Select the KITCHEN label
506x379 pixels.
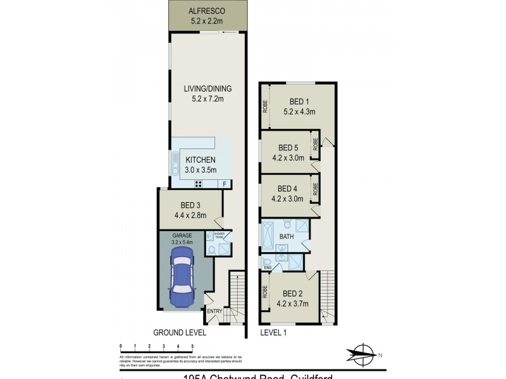[201, 160]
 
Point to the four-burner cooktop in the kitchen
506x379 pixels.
[198, 184]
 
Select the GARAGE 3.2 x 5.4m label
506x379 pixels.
[182, 238]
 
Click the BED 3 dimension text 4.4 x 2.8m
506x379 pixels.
[190, 214]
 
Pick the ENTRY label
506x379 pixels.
[214, 311]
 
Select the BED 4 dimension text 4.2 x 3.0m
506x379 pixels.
[288, 198]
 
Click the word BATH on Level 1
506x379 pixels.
[287, 238]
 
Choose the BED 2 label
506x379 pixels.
[293, 293]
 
